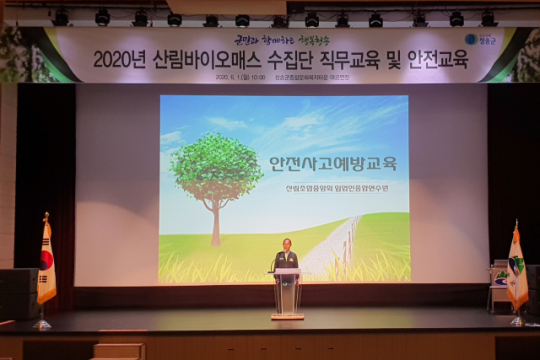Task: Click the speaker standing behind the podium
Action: pos(286,258)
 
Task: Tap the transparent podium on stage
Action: pos(287,293)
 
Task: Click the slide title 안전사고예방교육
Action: pos(332,162)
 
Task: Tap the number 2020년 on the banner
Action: pos(119,60)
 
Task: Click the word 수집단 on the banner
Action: pos(286,60)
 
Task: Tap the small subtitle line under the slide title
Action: pos(331,187)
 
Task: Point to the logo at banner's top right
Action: pos(479,40)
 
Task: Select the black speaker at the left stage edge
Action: pos(15,294)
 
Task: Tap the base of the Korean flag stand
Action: pos(41,323)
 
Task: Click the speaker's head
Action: pos(286,243)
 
